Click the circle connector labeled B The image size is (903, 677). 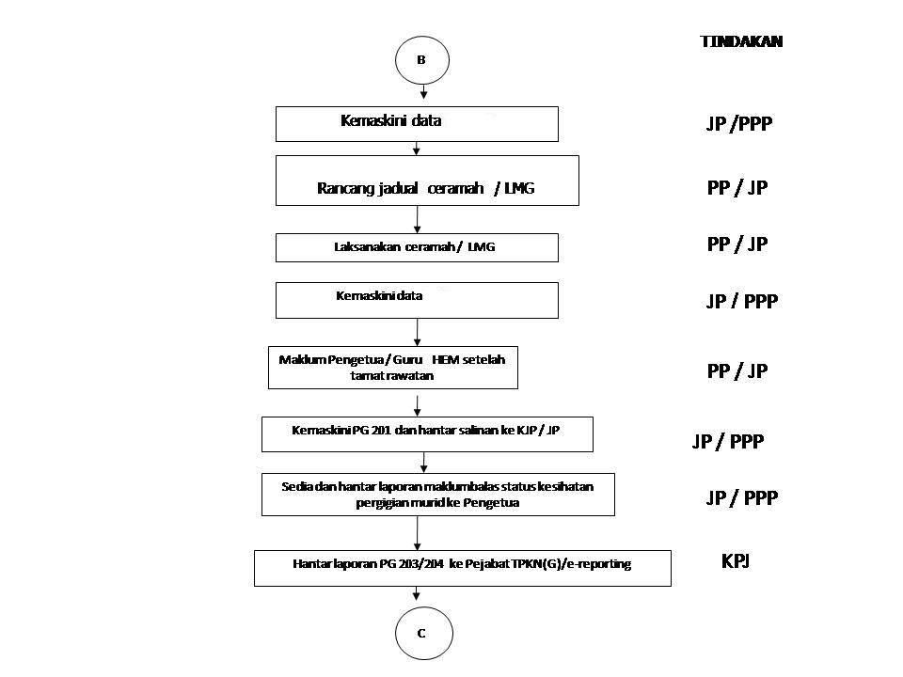tap(421, 60)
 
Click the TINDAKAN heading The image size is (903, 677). tap(741, 41)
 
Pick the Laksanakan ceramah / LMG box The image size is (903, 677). tap(416, 247)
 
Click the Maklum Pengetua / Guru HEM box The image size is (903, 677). tap(392, 368)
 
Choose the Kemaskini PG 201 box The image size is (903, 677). tap(426, 434)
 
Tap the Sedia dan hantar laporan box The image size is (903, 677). tap(437, 494)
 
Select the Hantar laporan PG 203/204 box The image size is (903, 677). tap(462, 568)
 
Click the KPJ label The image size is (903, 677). tap(735, 562)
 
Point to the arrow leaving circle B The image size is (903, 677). tap(423, 91)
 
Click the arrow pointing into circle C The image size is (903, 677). tap(417, 595)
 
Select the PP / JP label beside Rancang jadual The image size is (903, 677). tap(737, 188)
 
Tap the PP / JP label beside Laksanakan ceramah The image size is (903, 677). tap(737, 244)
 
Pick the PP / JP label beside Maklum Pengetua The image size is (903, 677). tap(737, 370)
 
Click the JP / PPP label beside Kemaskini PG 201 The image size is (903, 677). tap(727, 441)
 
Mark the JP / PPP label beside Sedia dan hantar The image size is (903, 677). tap(741, 497)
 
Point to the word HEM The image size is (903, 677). tap(444, 359)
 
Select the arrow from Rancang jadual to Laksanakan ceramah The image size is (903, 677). tap(417, 219)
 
